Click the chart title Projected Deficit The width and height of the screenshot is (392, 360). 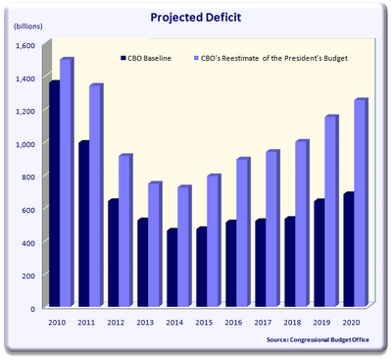pos(196,17)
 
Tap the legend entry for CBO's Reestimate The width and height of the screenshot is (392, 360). pos(273,60)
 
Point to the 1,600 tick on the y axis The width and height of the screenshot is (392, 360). pos(24,45)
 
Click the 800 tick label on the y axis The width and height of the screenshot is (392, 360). pos(27,177)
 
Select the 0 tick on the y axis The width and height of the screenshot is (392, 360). pos(32,308)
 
